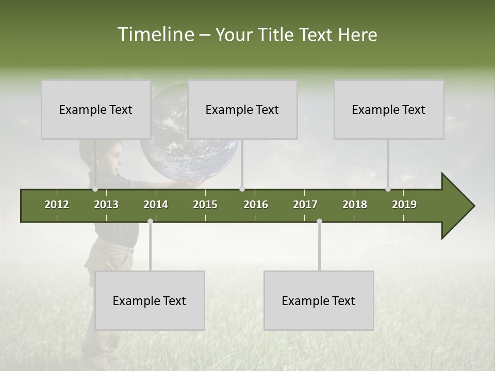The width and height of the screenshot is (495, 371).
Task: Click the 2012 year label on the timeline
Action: (57, 205)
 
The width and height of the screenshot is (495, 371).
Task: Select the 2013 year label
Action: (106, 205)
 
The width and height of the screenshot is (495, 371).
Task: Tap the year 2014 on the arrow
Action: (156, 205)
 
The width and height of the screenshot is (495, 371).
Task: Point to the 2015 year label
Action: (205, 205)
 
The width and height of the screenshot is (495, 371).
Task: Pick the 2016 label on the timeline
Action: (256, 205)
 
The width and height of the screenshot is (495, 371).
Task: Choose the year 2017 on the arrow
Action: (305, 205)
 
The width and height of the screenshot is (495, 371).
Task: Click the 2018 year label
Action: (355, 205)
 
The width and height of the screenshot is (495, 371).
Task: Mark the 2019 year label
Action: (404, 205)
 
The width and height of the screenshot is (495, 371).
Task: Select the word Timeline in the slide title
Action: (155, 35)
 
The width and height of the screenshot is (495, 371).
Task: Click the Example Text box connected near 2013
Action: (96, 109)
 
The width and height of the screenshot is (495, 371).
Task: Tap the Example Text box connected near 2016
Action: (242, 109)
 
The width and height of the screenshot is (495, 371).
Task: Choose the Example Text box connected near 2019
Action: (389, 109)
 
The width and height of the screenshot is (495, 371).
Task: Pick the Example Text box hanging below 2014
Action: (150, 300)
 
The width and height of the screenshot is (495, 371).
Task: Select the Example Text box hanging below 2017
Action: (319, 300)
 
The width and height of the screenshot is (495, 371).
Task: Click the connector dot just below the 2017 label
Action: (319, 222)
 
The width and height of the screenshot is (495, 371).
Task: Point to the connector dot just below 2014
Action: (150, 222)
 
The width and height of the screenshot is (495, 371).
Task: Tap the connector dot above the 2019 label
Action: (388, 189)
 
